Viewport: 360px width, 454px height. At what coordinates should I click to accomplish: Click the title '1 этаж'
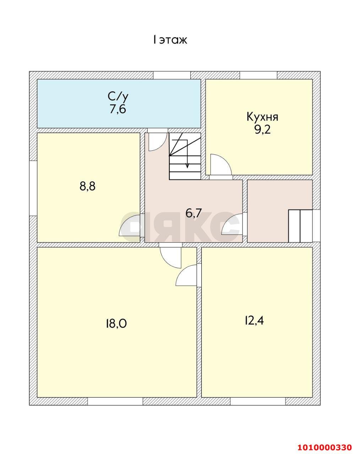pyautogui.click(x=170, y=40)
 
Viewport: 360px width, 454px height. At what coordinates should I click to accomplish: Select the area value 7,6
pyautogui.click(x=118, y=109)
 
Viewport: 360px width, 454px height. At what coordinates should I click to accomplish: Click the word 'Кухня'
pyautogui.click(x=262, y=117)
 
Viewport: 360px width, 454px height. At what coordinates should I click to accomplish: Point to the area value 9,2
pyautogui.click(x=262, y=129)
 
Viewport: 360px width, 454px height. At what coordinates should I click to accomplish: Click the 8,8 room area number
pyautogui.click(x=87, y=186)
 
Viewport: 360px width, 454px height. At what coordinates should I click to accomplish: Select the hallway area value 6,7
pyautogui.click(x=194, y=213)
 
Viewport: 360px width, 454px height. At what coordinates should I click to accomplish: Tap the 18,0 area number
pyautogui.click(x=116, y=323)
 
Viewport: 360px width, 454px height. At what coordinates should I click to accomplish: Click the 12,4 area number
pyautogui.click(x=254, y=320)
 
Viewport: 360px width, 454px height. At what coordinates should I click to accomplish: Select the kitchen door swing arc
pyautogui.click(x=219, y=164)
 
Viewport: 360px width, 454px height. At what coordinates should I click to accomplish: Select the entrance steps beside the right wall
pyautogui.click(x=300, y=226)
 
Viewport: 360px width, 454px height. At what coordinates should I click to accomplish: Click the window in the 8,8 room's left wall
pyautogui.click(x=33, y=188)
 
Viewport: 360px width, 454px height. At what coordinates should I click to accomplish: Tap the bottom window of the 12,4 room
pyautogui.click(x=258, y=401)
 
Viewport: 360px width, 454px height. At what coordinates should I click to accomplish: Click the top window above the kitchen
pyautogui.click(x=258, y=75)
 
